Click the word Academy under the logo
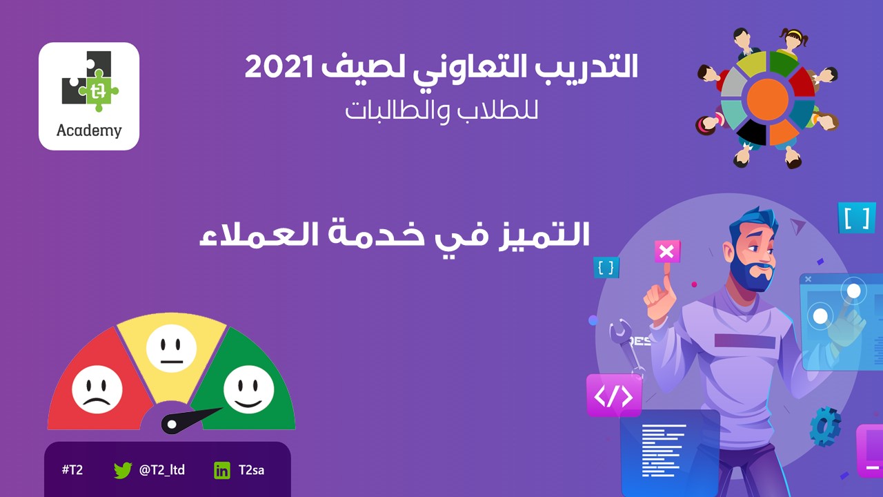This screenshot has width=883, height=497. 89,130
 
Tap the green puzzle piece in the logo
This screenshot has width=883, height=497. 99,91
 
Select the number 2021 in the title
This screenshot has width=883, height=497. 279,67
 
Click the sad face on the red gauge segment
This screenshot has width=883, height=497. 97,389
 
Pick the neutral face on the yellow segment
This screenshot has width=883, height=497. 172,349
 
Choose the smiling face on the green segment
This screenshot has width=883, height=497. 248,389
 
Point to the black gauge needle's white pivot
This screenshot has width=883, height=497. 172,425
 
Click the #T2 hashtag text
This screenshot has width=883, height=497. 72,470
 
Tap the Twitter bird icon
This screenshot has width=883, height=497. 123,470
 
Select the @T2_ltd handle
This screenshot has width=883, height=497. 162,470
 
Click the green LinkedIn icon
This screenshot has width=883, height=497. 222,471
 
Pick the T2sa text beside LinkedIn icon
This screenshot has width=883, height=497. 252,470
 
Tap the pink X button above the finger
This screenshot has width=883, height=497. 667,252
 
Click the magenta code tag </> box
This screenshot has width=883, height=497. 614,396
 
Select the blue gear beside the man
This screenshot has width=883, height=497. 825,427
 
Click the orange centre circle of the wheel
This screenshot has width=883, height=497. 767,99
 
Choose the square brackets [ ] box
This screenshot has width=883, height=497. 856,217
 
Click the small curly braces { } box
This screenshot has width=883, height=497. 606,268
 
